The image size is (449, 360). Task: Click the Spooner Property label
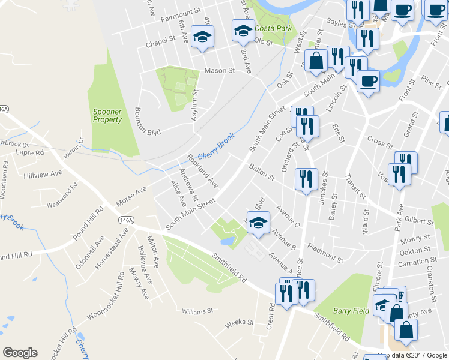[107, 115]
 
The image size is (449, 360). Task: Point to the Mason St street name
[219, 70]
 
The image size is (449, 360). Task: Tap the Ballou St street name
[262, 173]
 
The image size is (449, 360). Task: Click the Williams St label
[198, 311]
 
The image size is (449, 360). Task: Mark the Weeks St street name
[240, 323]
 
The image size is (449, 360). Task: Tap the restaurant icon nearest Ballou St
[306, 178]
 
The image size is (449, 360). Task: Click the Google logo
[20, 352]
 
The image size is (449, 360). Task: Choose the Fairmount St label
[180, 11]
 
